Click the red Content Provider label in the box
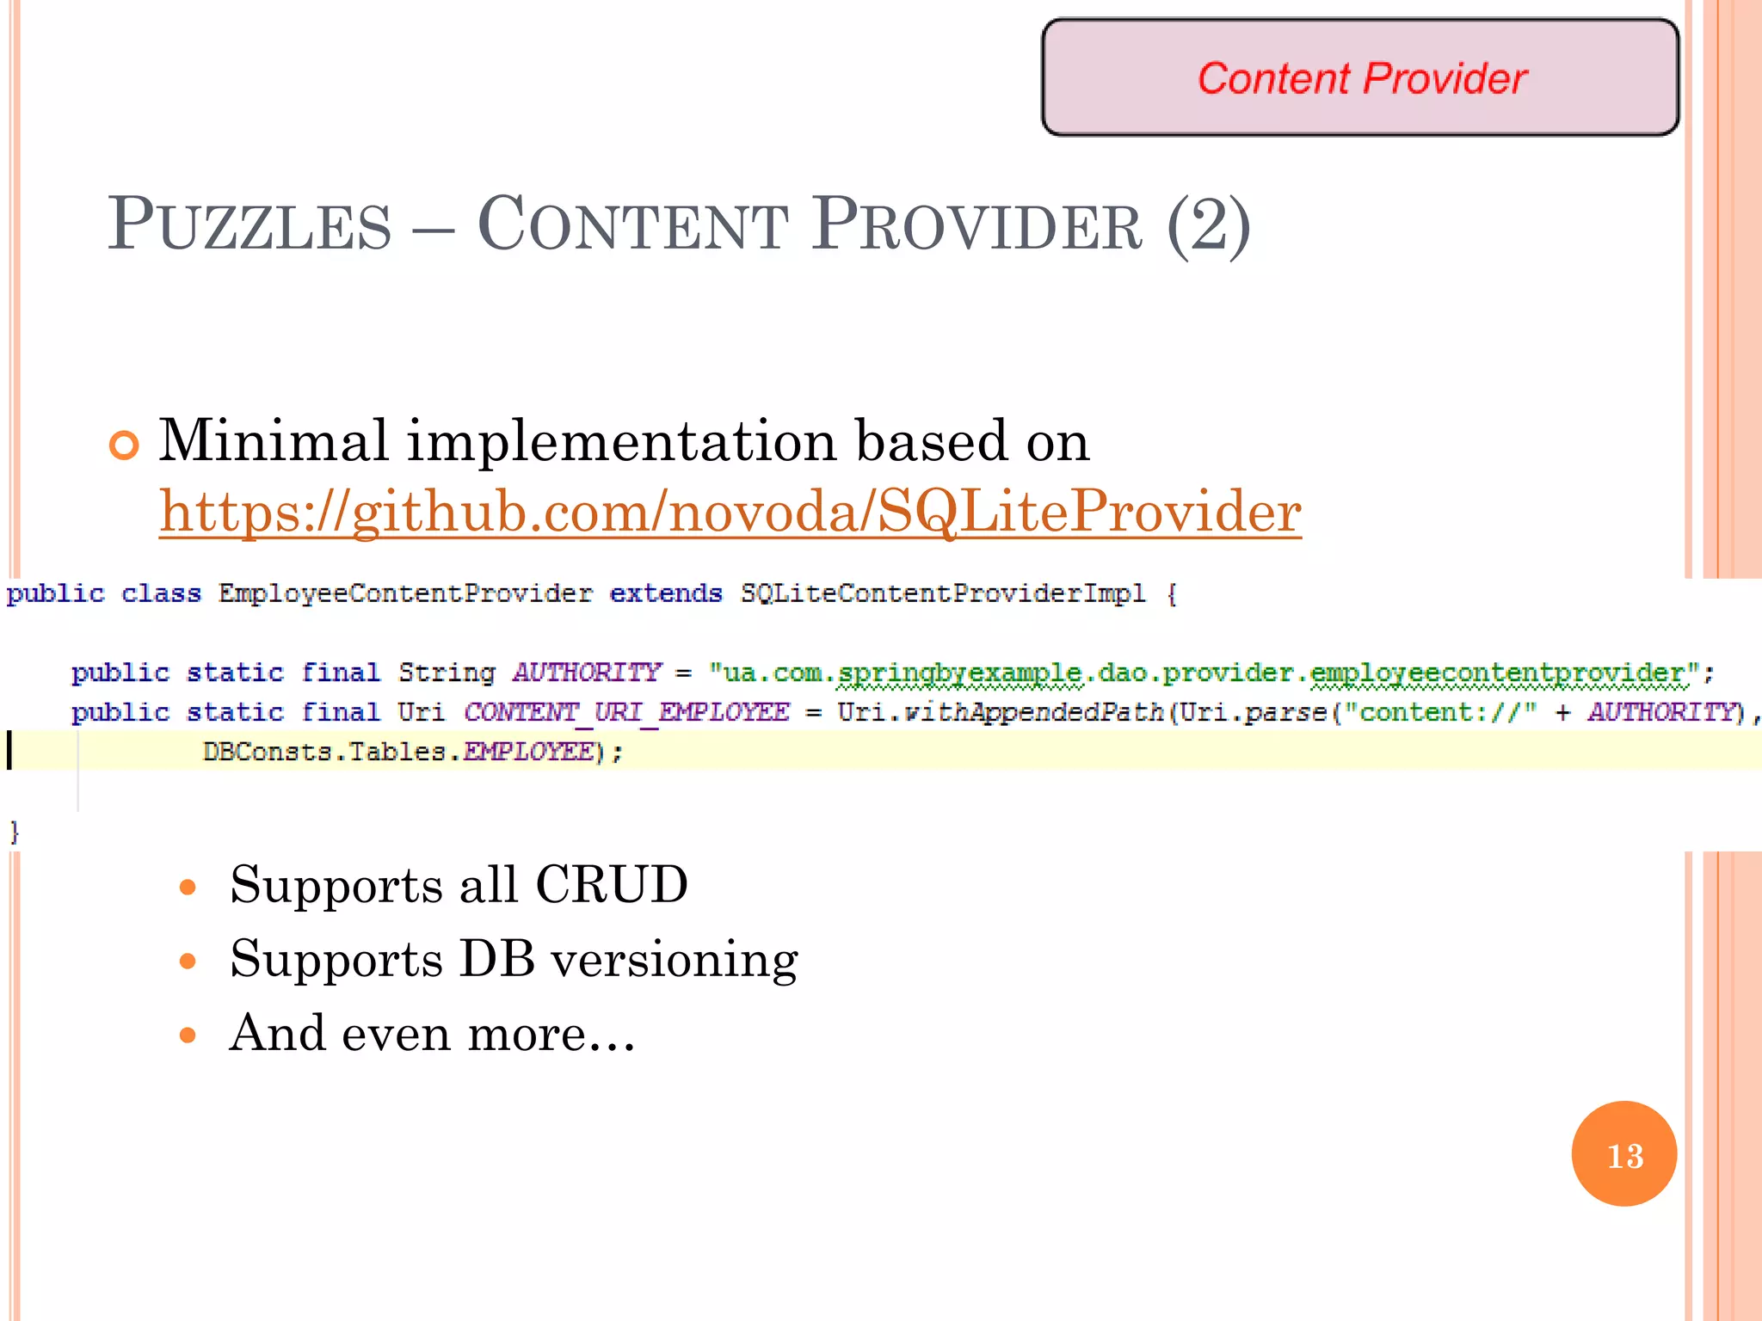click(x=1361, y=78)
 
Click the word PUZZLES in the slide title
click(x=250, y=225)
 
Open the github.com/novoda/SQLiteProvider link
click(x=730, y=513)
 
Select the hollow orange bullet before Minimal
click(x=125, y=445)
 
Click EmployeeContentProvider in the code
click(x=405, y=593)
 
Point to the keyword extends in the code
click(x=666, y=593)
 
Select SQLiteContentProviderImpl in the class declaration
click(x=943, y=593)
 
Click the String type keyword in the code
click(x=447, y=673)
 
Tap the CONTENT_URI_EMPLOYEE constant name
click(x=626, y=712)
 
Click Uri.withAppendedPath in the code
click(x=1000, y=712)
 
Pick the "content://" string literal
click(x=1440, y=712)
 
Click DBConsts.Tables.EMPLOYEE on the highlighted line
click(x=398, y=752)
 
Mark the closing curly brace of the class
click(x=14, y=832)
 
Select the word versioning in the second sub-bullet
click(x=674, y=960)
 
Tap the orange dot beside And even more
click(x=188, y=1035)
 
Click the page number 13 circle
click(x=1623, y=1154)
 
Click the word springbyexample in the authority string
click(x=960, y=673)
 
